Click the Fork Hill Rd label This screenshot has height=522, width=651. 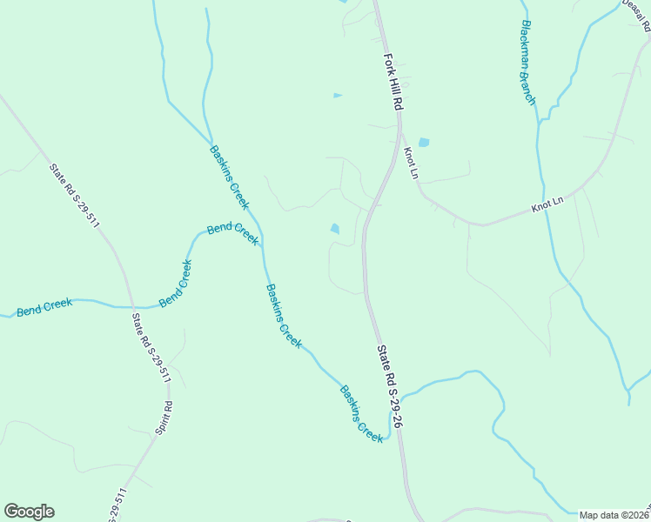tap(394, 80)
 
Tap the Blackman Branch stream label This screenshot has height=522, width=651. tap(527, 63)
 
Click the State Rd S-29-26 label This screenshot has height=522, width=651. tap(389, 385)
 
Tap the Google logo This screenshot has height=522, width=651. tap(29, 512)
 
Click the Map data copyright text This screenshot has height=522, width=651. tap(614, 515)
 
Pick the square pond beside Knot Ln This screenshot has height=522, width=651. tap(424, 142)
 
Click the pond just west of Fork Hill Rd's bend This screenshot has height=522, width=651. tap(334, 229)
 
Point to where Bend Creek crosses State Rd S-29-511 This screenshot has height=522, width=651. tap(132, 306)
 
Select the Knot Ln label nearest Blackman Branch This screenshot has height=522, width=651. tap(548, 205)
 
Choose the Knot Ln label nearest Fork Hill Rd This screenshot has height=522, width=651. tap(411, 163)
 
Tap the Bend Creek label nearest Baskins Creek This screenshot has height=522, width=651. tap(232, 234)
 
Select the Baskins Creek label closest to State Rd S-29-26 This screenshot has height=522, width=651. tap(361, 414)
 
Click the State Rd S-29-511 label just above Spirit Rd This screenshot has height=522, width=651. tap(151, 349)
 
